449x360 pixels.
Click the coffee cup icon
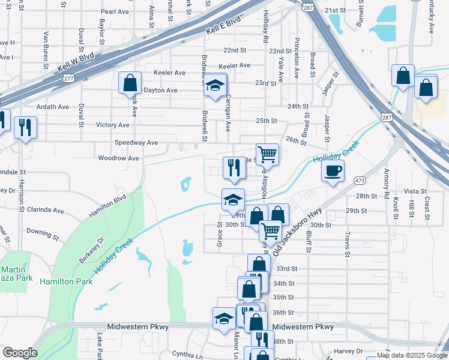coord(333,170)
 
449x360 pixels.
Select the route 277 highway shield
coord(70,78)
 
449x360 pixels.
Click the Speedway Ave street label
coord(136,143)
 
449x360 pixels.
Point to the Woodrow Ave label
coord(119,158)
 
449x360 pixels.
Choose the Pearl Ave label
coord(116,11)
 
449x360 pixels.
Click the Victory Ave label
coord(112,125)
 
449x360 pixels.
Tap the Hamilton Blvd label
coord(107,206)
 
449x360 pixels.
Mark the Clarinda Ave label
coord(46,211)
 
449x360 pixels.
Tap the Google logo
coord(20,353)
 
